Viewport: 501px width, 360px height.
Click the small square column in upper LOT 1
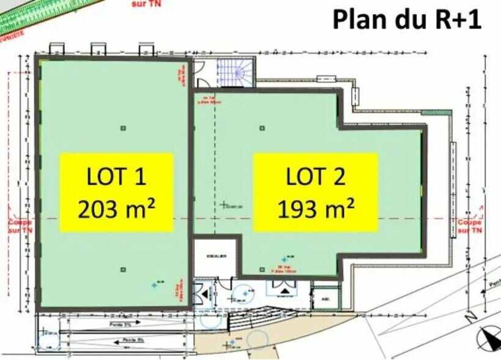tap(123, 128)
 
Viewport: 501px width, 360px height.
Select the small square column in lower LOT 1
tap(123, 269)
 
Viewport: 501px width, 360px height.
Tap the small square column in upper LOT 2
tap(262, 128)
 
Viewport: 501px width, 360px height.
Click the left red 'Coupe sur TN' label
tap(19, 226)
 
